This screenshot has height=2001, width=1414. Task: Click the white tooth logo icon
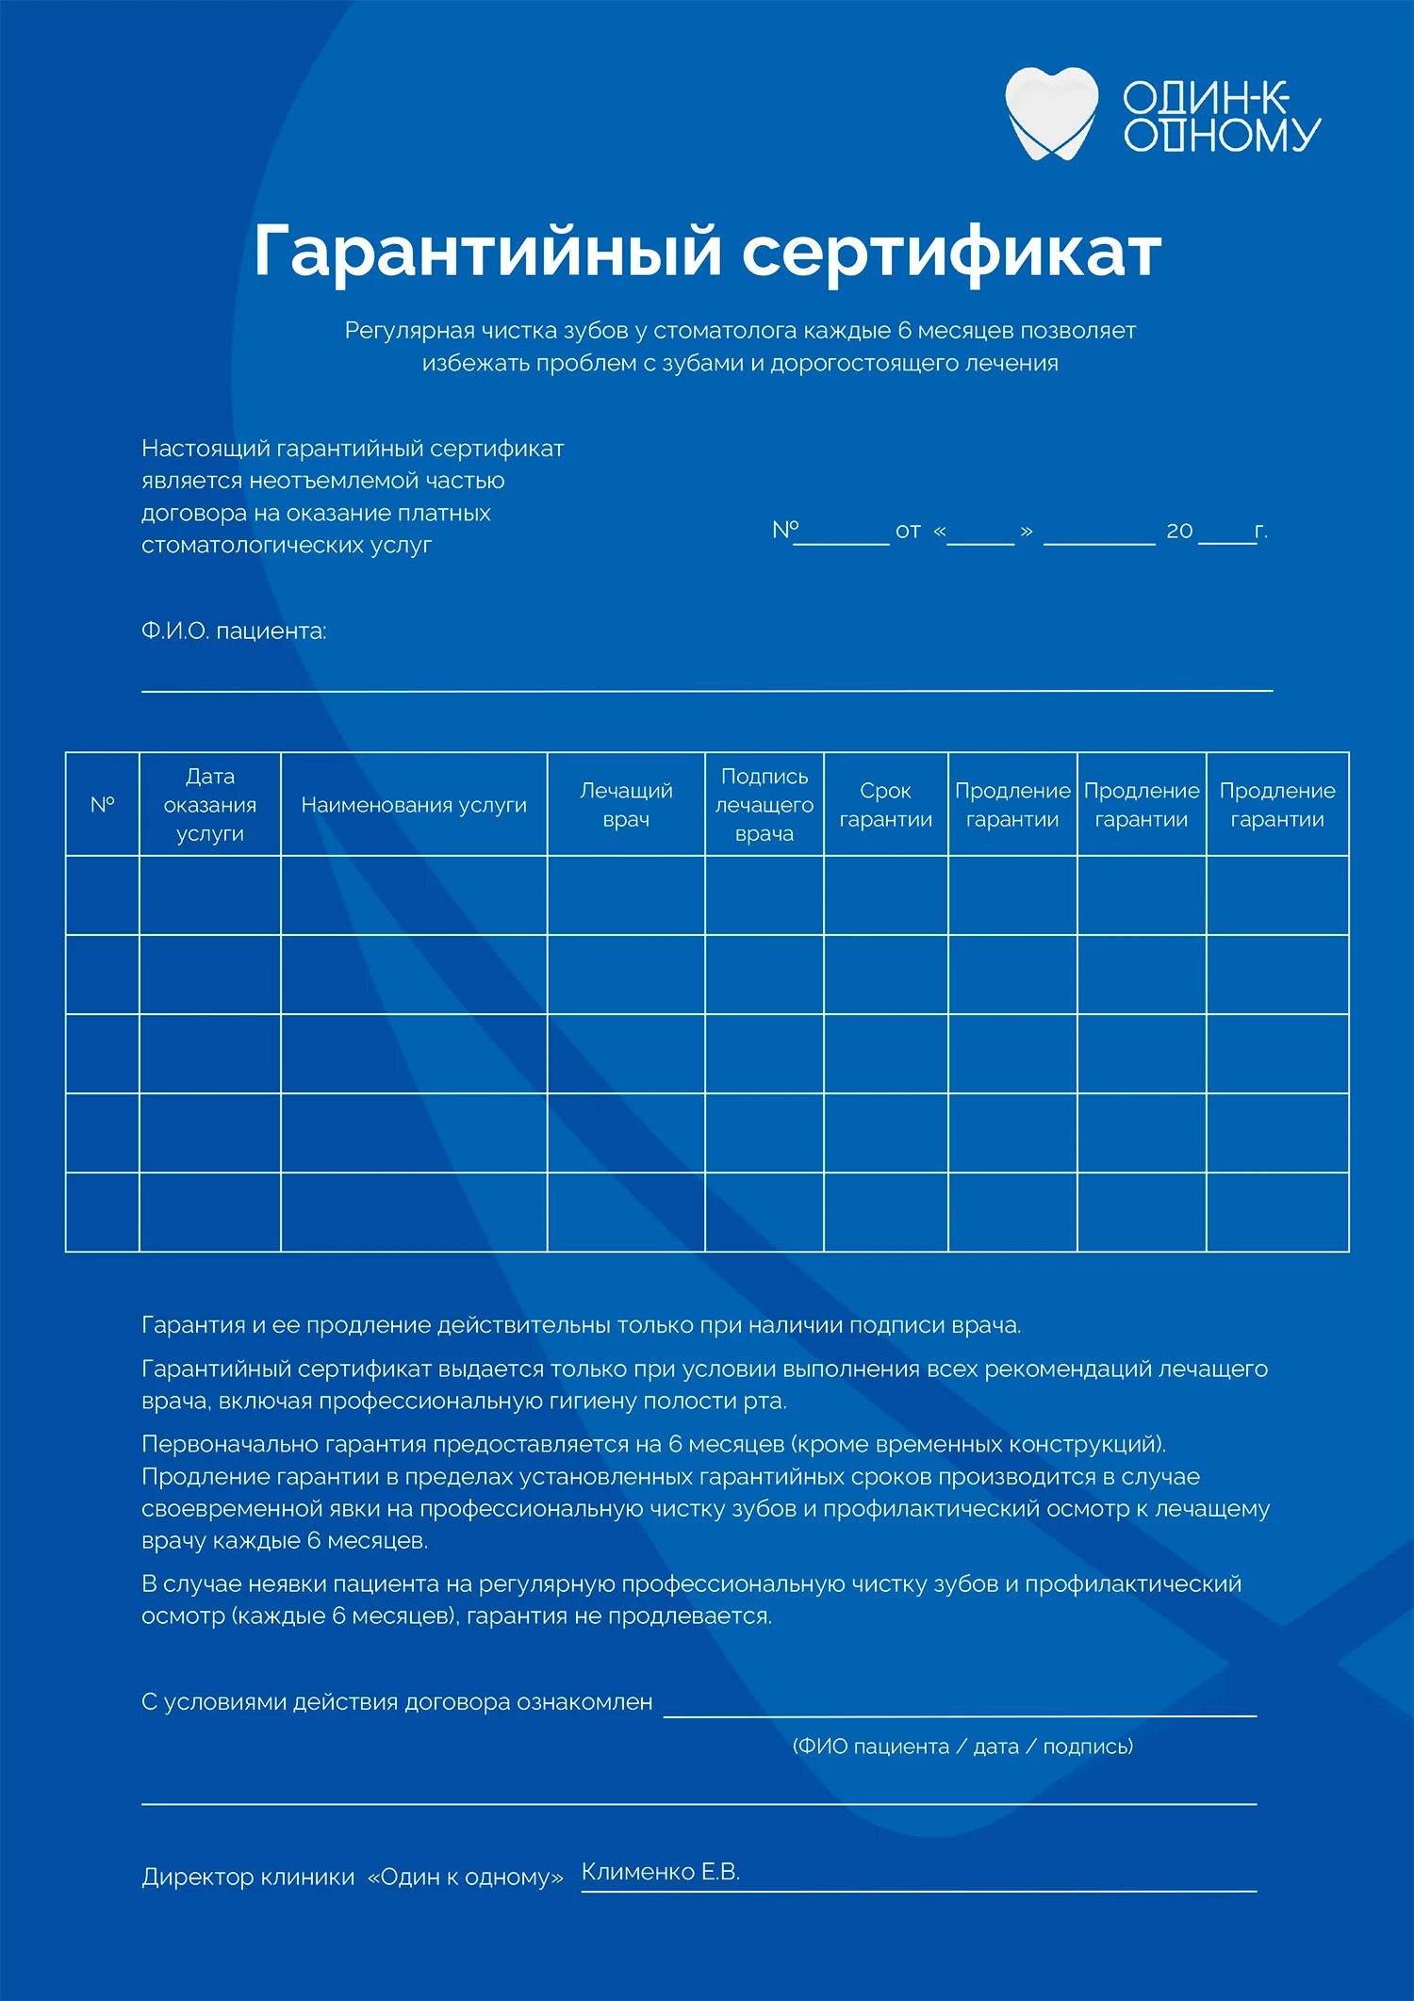(x=1051, y=112)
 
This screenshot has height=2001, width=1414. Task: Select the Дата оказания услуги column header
(x=209, y=804)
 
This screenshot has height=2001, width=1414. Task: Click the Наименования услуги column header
(x=414, y=805)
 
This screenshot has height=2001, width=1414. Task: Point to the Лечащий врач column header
(x=626, y=805)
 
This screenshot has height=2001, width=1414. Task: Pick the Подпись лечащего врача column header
(x=764, y=804)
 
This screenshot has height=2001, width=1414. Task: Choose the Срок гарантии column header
(x=885, y=805)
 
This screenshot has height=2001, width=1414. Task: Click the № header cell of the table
(x=102, y=805)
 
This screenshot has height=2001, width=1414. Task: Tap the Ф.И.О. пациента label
(x=234, y=631)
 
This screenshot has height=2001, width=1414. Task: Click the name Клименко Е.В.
(x=660, y=1872)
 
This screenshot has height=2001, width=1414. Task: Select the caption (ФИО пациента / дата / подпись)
(x=962, y=1747)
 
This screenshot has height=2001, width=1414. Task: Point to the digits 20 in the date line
(x=1179, y=532)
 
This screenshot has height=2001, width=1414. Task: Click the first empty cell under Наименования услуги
(x=414, y=895)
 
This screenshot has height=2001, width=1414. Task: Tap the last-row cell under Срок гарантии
(x=885, y=1212)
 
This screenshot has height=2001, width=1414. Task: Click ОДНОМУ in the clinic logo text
(x=1222, y=135)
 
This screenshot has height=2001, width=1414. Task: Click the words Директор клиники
(x=248, y=1877)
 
